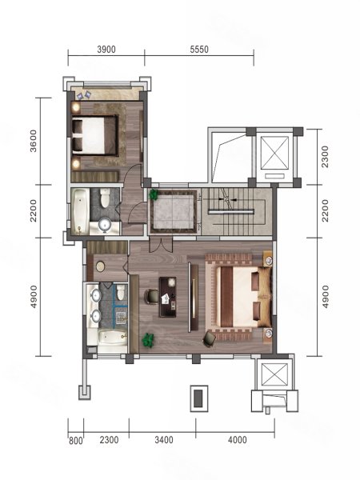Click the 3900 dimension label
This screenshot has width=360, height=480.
(x=106, y=50)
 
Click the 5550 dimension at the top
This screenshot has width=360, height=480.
(x=199, y=50)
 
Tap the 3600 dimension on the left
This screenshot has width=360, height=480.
(x=33, y=141)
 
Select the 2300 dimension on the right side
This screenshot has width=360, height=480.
(x=325, y=157)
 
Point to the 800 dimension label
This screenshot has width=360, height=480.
(x=76, y=441)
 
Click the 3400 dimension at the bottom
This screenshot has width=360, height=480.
(x=164, y=440)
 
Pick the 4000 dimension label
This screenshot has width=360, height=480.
(x=238, y=440)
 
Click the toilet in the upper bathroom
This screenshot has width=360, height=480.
(x=105, y=198)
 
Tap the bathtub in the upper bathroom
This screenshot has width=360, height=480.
(x=80, y=211)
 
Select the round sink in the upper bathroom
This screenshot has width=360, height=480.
(x=105, y=224)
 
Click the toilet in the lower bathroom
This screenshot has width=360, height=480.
(x=121, y=291)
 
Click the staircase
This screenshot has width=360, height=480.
(x=237, y=211)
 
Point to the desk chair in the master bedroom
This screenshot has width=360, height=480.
(x=151, y=296)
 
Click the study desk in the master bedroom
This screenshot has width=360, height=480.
(x=167, y=297)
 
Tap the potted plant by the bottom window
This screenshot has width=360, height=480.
(x=149, y=340)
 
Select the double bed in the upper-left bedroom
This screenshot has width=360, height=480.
(x=95, y=135)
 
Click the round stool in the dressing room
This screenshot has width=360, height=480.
(x=100, y=266)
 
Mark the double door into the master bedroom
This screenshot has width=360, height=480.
(x=161, y=246)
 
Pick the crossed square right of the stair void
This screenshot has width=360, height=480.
(x=274, y=153)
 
